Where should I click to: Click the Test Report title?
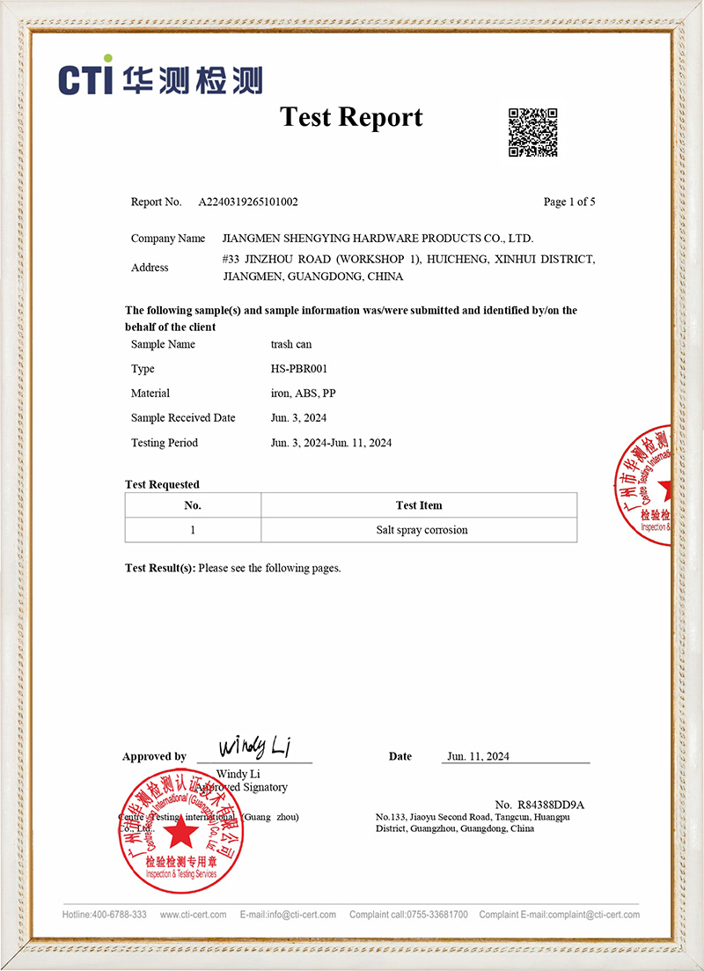[x=351, y=117]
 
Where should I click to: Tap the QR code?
[x=532, y=132]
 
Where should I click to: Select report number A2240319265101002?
[x=248, y=202]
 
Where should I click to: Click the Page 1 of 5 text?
[x=569, y=202]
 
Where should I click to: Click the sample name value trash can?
[x=291, y=344]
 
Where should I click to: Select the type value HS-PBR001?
[x=299, y=369]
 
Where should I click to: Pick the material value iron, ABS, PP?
[x=303, y=394]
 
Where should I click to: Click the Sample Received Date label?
[x=183, y=418]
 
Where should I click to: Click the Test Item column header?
[x=419, y=505]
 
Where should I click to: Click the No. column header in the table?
[x=193, y=505]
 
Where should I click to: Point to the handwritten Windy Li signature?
[x=254, y=748]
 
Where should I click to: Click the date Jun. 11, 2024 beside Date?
[x=478, y=756]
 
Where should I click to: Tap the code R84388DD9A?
[x=552, y=805]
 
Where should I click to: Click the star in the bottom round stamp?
[x=180, y=832]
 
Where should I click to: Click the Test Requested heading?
[x=162, y=484]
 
